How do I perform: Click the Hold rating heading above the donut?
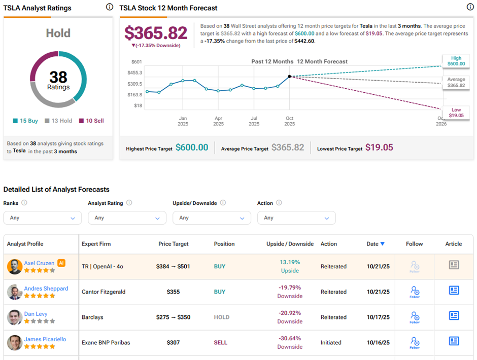click(x=58, y=33)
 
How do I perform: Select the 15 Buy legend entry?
click(x=25, y=121)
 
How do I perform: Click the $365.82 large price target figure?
click(x=156, y=33)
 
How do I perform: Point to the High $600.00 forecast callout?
click(x=456, y=61)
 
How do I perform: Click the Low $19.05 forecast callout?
click(x=456, y=113)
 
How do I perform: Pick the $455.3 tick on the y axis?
click(x=134, y=73)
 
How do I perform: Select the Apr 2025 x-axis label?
click(x=218, y=121)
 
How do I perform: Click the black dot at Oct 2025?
click(x=290, y=77)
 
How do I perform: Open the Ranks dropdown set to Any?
click(x=42, y=218)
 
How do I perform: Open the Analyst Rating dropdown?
click(x=127, y=218)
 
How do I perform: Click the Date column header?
click(x=375, y=244)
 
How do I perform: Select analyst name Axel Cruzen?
click(x=39, y=263)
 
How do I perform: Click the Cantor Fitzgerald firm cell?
click(x=104, y=292)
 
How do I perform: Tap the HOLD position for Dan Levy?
click(x=221, y=317)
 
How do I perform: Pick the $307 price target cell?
click(x=173, y=342)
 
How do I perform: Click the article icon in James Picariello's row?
click(x=454, y=341)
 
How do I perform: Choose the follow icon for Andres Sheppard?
click(x=415, y=291)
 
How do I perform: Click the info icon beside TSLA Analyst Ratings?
click(x=110, y=7)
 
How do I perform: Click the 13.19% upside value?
click(x=290, y=262)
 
